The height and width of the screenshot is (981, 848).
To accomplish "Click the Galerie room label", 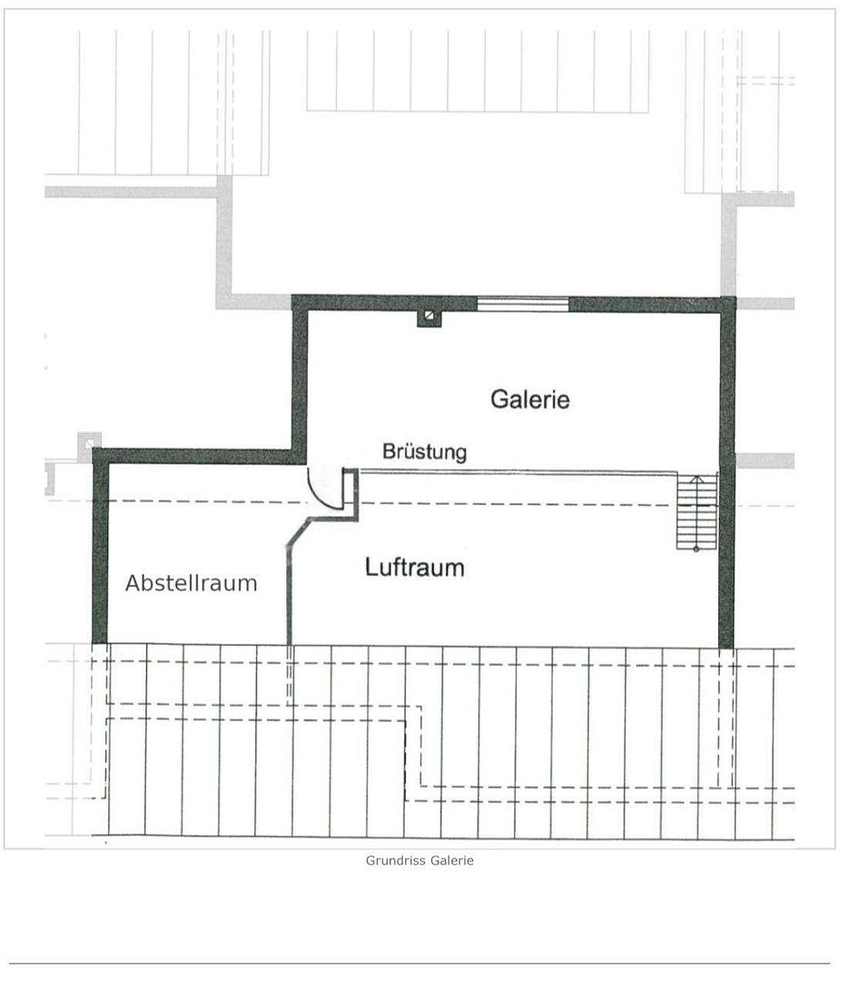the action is coord(529,399).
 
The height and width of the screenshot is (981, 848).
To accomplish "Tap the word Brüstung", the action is coord(425,451).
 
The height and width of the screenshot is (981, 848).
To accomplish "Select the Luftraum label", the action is coord(415,568).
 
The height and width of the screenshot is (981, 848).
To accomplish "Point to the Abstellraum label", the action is coord(192,583).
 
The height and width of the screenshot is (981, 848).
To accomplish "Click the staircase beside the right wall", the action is coord(696,511).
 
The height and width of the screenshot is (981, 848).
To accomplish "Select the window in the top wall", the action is coord(523,304).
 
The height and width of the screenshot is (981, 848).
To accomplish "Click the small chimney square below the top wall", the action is coord(429,317).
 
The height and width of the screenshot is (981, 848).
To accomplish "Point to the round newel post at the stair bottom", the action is coord(696,549).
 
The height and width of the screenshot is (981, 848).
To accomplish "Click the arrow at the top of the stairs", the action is coord(697,480).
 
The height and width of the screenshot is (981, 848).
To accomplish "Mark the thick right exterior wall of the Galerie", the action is coord(726,472).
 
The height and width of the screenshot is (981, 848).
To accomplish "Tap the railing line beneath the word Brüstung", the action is coord(518,471).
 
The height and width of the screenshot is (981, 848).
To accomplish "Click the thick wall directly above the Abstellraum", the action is coord(200,455).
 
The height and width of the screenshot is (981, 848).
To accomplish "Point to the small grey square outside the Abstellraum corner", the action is coord(89,443).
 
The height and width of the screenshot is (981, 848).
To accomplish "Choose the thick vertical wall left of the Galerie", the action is coord(301,379).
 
